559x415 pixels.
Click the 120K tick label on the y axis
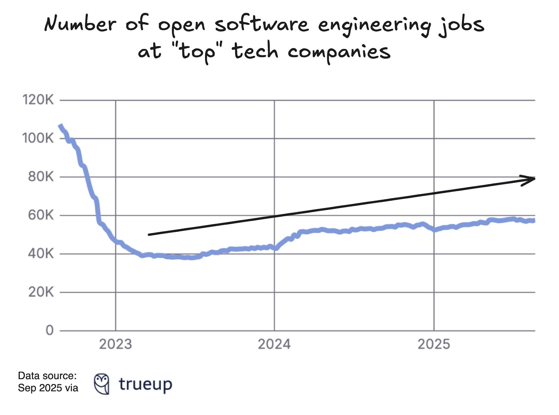[38, 100]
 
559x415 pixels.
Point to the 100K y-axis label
[38, 138]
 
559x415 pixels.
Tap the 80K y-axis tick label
[41, 177]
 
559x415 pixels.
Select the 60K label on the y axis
[41, 215]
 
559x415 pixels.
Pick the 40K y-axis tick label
[41, 253]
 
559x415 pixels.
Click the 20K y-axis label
[41, 292]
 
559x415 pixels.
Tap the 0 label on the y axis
[50, 330]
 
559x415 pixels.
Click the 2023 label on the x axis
[115, 344]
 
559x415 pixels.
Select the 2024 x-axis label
[274, 344]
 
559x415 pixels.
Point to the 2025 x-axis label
[434, 344]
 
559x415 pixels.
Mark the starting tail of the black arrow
[150, 234]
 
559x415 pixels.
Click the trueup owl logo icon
[102, 384]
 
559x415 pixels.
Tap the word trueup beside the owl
[145, 384]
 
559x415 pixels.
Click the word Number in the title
[80, 24]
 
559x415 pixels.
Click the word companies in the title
[339, 52]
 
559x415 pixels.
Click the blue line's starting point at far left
[60, 126]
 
